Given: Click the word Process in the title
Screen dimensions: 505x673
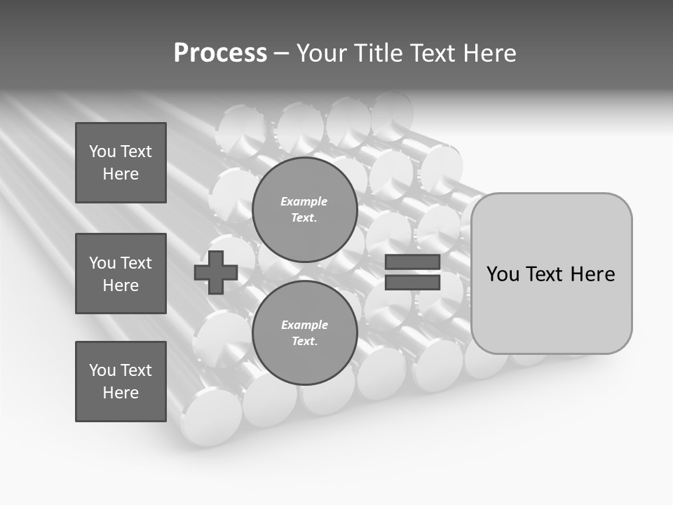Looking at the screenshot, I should pos(220,53).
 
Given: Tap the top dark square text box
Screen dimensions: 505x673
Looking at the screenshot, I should pos(121,163).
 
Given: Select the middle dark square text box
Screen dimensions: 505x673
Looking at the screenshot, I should pos(121,274).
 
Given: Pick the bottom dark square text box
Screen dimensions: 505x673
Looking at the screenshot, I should pos(121,382).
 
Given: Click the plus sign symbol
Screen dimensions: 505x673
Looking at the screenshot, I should pos(216,273).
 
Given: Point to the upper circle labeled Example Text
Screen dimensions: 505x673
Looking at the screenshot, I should pos(304,209).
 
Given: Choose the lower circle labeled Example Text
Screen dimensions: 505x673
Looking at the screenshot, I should pos(304,332).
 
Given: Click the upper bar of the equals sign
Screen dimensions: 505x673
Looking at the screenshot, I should pos(412,262).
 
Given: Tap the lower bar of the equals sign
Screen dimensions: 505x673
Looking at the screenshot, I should pos(412,282).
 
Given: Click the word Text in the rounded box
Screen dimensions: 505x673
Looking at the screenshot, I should pos(544,274).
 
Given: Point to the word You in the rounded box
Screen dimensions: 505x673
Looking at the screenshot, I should pos(503,274).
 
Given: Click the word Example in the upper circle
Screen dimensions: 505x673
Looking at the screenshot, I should pos(304,201).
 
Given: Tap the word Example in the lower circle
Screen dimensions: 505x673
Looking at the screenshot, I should pos(304,325).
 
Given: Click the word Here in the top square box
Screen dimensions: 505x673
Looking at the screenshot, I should pos(121,174).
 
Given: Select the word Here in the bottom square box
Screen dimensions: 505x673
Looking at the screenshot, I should pos(121,393).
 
